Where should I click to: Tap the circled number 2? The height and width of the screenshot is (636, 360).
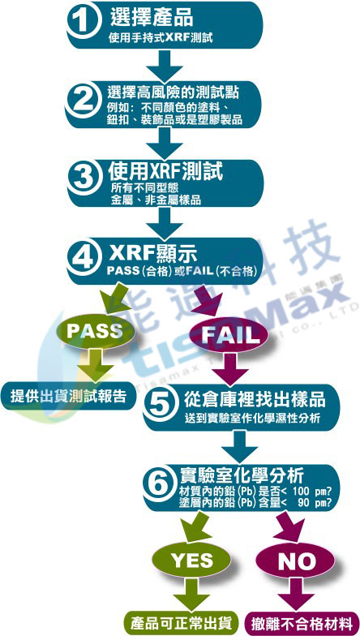coord(84,101)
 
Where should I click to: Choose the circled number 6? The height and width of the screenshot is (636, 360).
coord(161,483)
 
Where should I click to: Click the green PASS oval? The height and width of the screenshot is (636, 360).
coord(95,331)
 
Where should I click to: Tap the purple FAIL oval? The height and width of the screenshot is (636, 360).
coord(230,334)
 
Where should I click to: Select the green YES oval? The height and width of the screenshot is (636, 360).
coord(192,560)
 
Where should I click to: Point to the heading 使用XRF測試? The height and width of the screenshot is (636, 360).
coord(165,172)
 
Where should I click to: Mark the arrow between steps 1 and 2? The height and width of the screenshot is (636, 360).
coord(165,65)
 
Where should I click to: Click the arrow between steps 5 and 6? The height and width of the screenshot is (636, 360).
coord(240,446)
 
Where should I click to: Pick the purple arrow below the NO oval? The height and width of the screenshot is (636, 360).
coord(296,594)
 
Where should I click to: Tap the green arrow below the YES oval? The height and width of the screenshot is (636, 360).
coord(191,594)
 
